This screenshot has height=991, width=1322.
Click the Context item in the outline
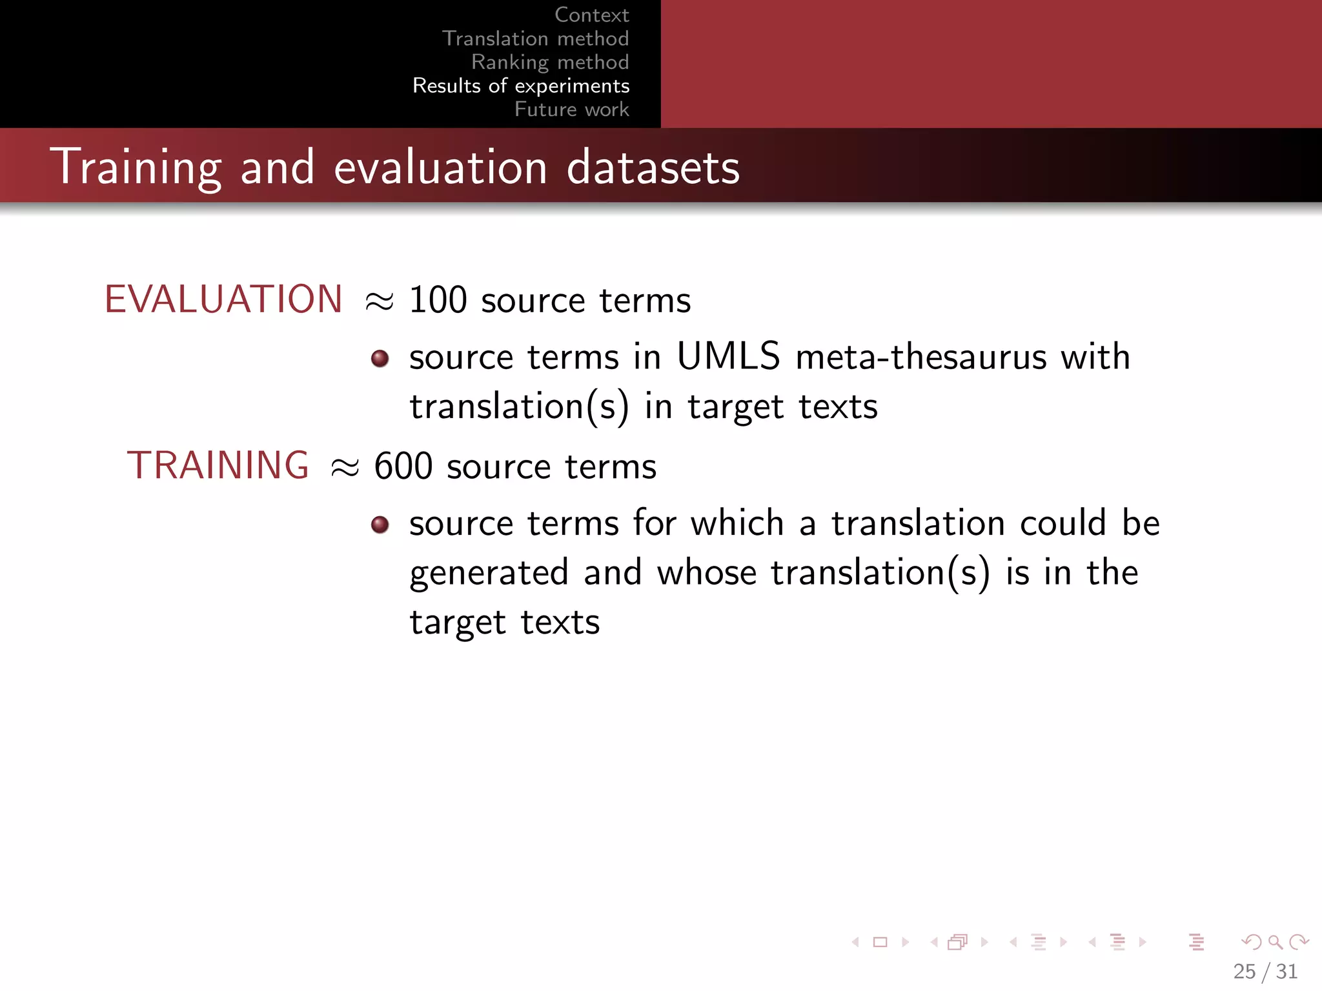tap(591, 15)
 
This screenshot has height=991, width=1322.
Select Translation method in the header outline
tap(535, 39)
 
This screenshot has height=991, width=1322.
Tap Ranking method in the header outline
tap(550, 62)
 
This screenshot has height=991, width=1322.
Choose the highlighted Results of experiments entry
tap(521, 86)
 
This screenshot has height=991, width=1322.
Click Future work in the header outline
tap(571, 109)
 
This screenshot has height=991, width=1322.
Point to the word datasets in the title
tap(653, 168)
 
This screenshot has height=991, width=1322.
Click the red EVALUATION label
tap(223, 299)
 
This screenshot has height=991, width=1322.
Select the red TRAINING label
tap(218, 465)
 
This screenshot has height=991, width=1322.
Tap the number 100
tap(438, 301)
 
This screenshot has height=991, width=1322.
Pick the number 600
tap(403, 466)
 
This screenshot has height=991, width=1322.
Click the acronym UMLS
tap(728, 356)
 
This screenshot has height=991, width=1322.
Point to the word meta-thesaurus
tap(920, 357)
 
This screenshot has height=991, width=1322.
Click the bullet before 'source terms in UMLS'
tap(380, 359)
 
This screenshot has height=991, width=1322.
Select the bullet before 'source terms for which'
tap(380, 525)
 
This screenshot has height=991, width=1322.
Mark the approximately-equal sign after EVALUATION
tap(379, 301)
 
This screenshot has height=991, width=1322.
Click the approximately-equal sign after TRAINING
tap(344, 467)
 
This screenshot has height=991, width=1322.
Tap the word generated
tap(489, 573)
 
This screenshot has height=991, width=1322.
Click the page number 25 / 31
tap(1265, 971)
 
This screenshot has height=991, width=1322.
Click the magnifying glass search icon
tap(1275, 943)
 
